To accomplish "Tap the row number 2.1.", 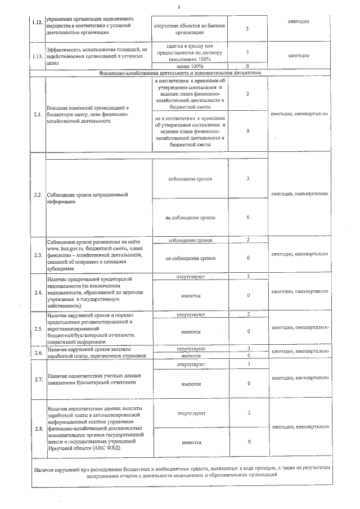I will pos(38,115).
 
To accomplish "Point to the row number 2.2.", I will pos(38,195).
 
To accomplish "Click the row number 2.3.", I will pos(38,255).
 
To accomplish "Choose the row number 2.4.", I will pos(38,292).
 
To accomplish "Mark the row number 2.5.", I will pos(38,328).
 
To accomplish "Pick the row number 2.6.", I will pos(38,353).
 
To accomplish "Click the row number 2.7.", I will pos(38,380).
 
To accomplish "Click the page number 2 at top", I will pos(178,7).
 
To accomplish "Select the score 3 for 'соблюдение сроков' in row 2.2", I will pos(247,179).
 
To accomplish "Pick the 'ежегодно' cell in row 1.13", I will pos(299,56).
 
